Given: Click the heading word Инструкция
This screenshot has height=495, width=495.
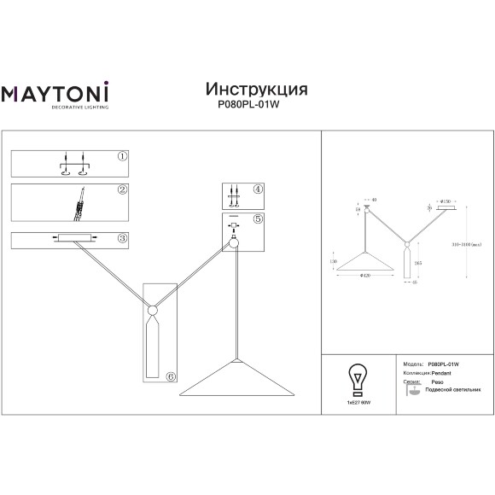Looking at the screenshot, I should click(x=257, y=89).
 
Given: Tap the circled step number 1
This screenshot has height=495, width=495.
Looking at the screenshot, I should click(x=122, y=157).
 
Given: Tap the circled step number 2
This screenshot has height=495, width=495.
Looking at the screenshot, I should click(x=122, y=190).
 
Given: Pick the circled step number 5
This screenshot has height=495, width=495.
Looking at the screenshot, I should click(x=259, y=219).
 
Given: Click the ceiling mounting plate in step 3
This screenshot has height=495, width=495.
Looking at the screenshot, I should click(x=74, y=237).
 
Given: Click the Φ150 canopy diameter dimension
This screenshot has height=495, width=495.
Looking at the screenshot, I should click(x=445, y=201).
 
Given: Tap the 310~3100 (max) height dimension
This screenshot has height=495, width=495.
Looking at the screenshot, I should click(x=471, y=244).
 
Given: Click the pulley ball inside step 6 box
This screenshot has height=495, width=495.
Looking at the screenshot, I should click(x=151, y=309).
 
